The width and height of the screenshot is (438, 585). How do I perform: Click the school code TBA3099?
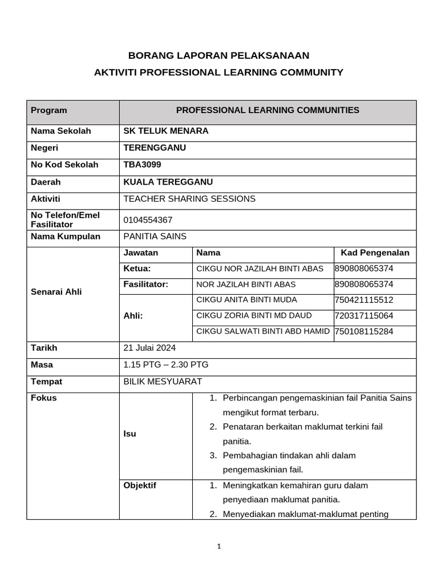point(142,165)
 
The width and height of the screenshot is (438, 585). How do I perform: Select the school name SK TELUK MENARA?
point(166,131)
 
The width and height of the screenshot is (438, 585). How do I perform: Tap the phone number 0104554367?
point(148,220)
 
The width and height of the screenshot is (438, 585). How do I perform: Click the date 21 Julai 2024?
point(149,348)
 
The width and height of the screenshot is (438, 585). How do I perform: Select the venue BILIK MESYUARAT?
point(163,382)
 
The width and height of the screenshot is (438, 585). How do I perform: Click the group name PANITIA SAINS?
point(155,237)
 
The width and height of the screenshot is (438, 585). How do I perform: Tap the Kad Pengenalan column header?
point(375,253)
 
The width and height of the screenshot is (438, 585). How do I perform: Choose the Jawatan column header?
point(141,253)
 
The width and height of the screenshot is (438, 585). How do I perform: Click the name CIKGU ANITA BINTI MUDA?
point(246,300)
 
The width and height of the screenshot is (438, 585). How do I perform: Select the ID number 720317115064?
point(364,316)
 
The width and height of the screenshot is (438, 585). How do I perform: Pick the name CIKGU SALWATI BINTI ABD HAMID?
point(263,332)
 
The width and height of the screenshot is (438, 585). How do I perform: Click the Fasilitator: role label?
point(146,285)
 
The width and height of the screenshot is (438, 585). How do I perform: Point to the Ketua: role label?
point(137,269)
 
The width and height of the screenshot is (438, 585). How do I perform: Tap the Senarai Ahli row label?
point(56,292)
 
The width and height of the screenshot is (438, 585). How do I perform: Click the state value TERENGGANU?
point(155,148)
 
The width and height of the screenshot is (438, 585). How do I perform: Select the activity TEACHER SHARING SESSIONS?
point(189,199)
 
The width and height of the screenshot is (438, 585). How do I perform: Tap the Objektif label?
point(140,486)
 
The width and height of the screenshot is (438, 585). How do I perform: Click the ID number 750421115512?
point(364,300)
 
